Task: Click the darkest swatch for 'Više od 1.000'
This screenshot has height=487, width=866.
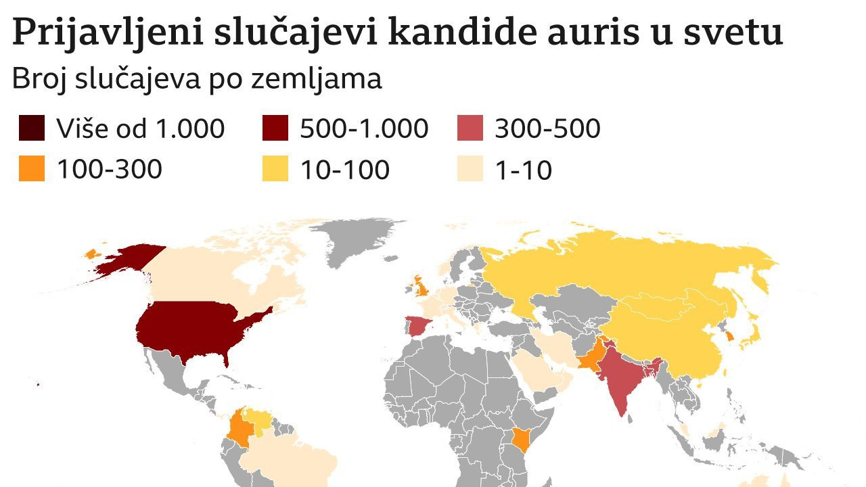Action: pos(32,128)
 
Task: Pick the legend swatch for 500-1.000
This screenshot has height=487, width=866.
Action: pos(275,128)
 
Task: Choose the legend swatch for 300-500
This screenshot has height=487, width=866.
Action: pos(470,128)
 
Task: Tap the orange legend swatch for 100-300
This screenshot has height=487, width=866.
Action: pos(32,168)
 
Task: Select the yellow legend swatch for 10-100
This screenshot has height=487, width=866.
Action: pos(275,168)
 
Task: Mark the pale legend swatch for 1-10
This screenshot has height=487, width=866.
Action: pos(470,168)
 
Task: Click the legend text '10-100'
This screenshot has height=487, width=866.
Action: pos(344,169)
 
